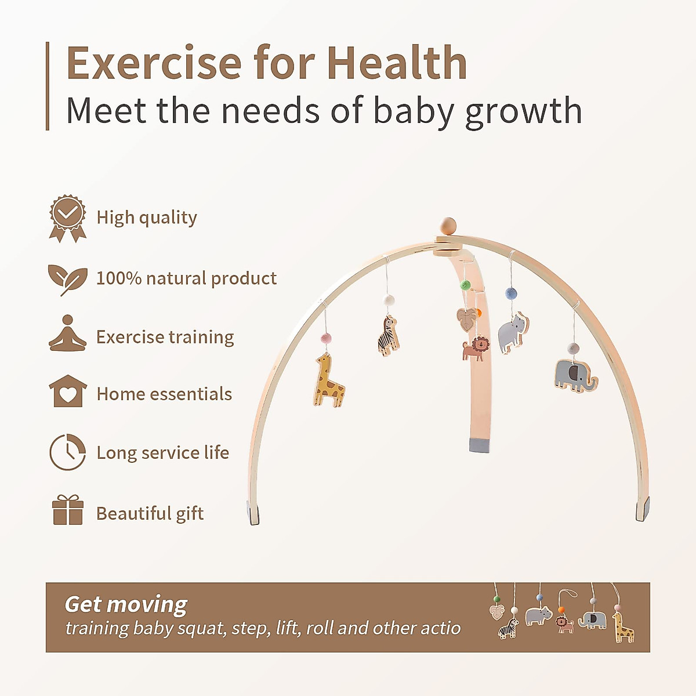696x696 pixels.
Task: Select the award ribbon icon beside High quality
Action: (x=67, y=218)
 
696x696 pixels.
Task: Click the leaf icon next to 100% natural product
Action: (x=67, y=279)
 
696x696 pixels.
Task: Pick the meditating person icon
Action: (x=67, y=334)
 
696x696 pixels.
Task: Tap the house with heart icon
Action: (x=67, y=391)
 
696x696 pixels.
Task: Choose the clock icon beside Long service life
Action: (x=67, y=452)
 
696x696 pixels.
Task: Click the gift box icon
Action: (x=67, y=510)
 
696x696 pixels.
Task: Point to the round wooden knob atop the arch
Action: (x=448, y=225)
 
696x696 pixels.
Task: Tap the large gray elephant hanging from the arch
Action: (x=574, y=375)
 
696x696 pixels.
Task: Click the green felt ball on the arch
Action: (x=465, y=285)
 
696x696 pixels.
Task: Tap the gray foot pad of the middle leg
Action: (x=480, y=445)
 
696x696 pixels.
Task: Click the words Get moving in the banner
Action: (x=126, y=604)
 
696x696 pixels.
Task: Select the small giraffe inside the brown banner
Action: (x=623, y=628)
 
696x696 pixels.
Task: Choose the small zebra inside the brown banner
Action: (x=509, y=629)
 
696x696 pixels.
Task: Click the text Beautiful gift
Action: (x=150, y=513)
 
